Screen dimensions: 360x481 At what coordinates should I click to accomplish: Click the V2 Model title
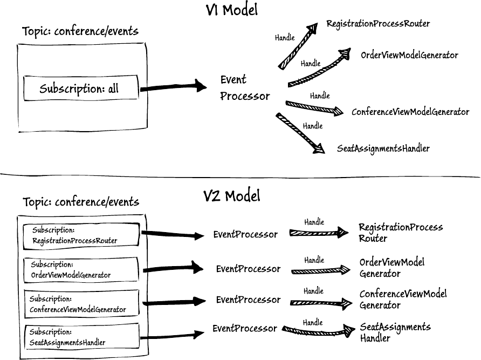232,195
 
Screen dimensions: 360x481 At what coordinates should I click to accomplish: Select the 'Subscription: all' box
80,89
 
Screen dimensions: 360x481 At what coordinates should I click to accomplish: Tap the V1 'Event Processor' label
245,88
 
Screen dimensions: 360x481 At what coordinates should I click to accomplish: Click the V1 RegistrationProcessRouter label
378,24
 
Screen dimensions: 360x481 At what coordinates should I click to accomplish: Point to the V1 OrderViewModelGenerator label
410,55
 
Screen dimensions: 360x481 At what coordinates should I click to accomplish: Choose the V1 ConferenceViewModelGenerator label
410,112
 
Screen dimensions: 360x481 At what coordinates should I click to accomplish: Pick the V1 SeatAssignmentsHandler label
383,148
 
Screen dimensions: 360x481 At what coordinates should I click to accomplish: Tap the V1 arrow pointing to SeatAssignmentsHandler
300,134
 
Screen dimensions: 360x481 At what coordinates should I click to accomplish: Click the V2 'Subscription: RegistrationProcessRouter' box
81,235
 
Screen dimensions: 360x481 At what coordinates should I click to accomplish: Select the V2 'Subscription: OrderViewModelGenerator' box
81,270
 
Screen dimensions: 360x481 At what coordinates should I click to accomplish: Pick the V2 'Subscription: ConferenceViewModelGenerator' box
81,304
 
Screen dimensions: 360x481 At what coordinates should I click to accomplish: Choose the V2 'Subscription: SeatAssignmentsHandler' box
81,337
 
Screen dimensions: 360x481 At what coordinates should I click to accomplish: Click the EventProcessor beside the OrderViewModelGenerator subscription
248,269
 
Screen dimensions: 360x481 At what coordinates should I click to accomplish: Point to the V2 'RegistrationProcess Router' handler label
400,233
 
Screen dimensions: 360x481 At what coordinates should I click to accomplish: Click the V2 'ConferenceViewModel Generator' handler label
403,300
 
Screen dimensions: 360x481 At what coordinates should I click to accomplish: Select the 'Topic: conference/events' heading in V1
80,31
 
